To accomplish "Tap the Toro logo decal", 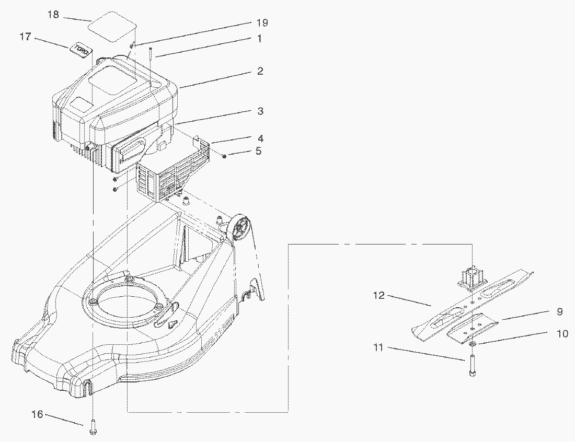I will click(81, 50).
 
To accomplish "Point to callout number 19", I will click(262, 22).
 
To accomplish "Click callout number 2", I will click(260, 71).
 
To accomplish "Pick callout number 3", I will click(260, 111).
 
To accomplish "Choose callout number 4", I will click(260, 138).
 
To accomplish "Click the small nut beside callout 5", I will click(224, 156).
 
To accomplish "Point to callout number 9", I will click(559, 312).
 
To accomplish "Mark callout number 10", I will click(562, 334).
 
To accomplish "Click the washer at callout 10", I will click(473, 343).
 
